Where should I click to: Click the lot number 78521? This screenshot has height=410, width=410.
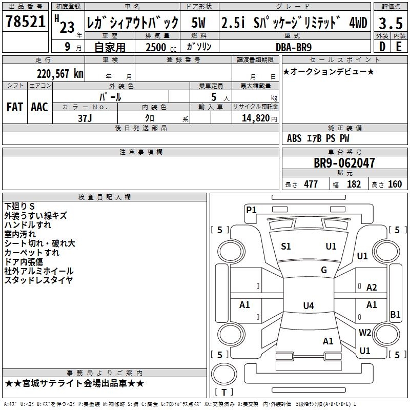(x=25, y=22)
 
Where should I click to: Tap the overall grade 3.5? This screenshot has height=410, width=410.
(x=390, y=23)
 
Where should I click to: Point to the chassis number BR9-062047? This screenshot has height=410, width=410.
(x=344, y=163)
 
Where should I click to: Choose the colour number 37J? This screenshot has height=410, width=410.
(x=85, y=117)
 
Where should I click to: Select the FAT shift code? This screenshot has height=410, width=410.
(x=14, y=107)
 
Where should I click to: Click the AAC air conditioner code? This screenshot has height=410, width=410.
(x=39, y=107)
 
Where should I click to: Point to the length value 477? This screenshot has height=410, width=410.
(x=311, y=184)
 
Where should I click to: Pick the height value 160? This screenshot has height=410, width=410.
(x=395, y=184)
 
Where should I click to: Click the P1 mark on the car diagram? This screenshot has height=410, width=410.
(x=251, y=209)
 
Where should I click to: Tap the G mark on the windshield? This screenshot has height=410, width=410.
(x=324, y=270)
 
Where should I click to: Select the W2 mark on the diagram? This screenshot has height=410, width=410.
(x=365, y=332)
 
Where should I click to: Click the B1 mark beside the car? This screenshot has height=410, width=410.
(x=395, y=315)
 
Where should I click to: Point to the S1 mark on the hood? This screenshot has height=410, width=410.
(x=286, y=247)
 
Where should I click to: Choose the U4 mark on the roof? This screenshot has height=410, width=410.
(x=308, y=306)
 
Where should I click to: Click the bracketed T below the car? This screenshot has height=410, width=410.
(x=223, y=392)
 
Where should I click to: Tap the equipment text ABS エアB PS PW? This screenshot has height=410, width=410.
(x=319, y=138)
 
